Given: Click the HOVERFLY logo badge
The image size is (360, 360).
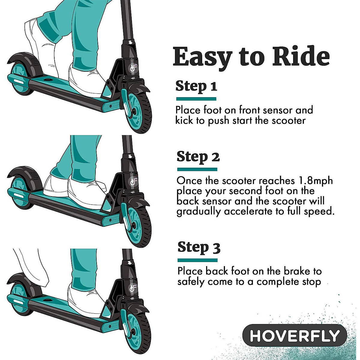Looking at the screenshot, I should pyautogui.click(x=295, y=335).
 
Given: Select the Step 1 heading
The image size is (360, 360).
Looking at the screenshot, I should pyautogui.click(x=196, y=86).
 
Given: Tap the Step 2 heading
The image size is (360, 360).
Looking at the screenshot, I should pyautogui.click(x=198, y=157).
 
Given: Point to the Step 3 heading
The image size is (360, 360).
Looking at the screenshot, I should pyautogui.click(x=199, y=247).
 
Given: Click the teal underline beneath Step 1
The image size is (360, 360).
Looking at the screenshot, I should pyautogui.click(x=196, y=99).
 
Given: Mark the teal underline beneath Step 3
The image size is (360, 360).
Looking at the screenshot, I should pyautogui.click(x=197, y=260).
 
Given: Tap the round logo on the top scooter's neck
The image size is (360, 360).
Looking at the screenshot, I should pyautogui.click(x=133, y=69).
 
